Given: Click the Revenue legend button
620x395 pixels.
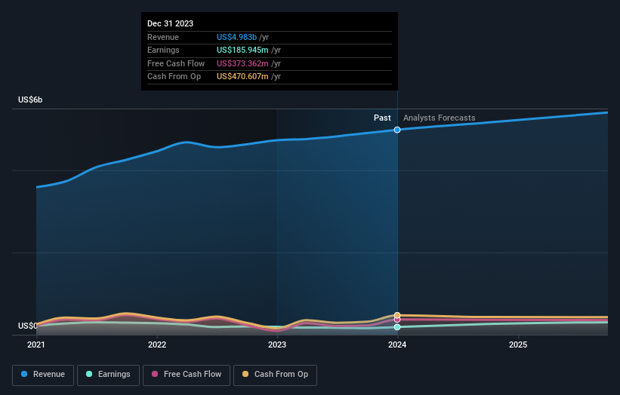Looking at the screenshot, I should pyautogui.click(x=43, y=374).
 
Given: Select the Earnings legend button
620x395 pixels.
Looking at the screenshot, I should pyautogui.click(x=109, y=374).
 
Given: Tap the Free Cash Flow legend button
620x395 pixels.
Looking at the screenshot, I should pyautogui.click(x=187, y=374).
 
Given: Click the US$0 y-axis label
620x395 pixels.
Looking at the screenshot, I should pyautogui.click(x=28, y=326).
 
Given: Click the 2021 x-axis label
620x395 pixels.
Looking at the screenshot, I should pyautogui.click(x=36, y=344).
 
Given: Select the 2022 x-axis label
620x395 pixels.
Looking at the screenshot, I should pyautogui.click(x=157, y=344).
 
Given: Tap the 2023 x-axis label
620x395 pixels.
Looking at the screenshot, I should pyautogui.click(x=277, y=344).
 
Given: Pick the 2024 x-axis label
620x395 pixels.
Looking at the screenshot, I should pyautogui.click(x=397, y=344).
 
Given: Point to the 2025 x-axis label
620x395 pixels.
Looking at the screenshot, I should pyautogui.click(x=518, y=344).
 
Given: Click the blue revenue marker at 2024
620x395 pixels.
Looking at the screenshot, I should pyautogui.click(x=397, y=130).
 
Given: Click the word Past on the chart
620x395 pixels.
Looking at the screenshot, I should pyautogui.click(x=382, y=118).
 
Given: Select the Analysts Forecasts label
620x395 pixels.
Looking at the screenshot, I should pyautogui.click(x=440, y=118).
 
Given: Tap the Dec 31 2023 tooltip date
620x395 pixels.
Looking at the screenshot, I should pyautogui.click(x=171, y=23).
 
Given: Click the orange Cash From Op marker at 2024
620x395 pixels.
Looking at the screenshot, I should pyautogui.click(x=397, y=315).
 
